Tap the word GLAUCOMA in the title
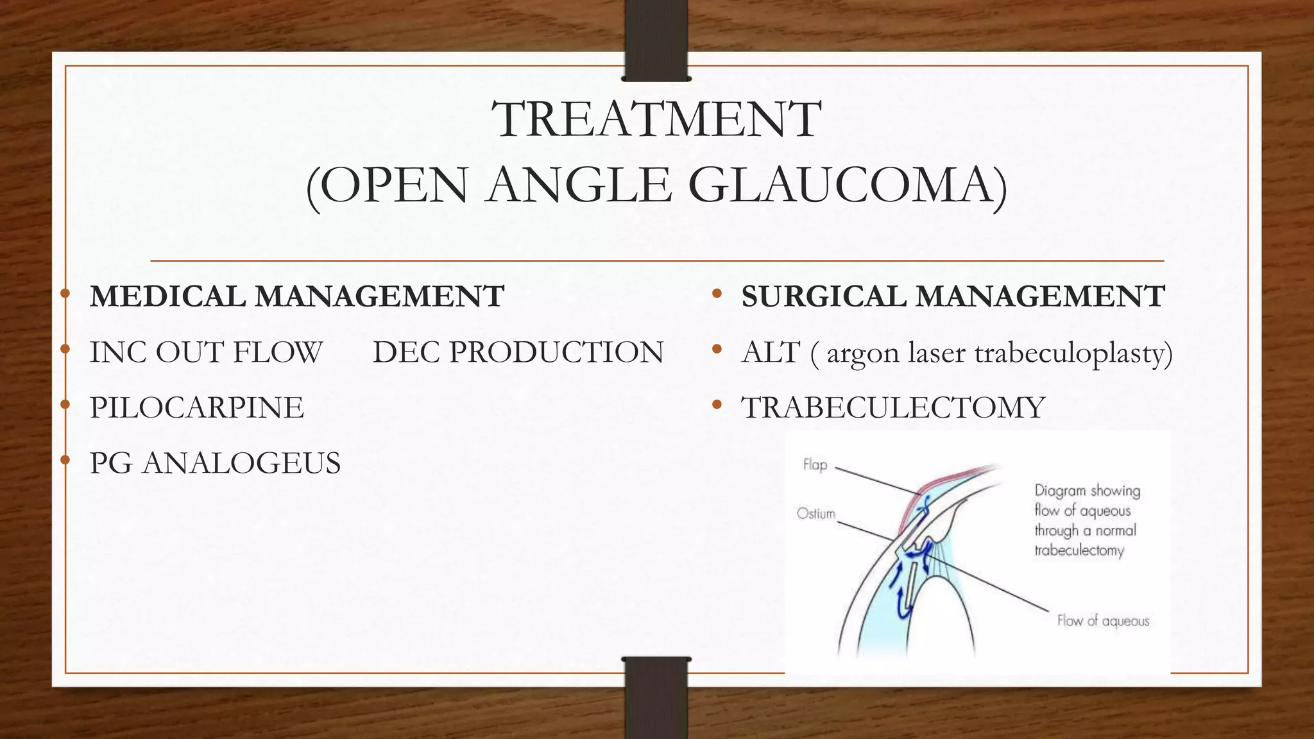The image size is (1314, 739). pos(848,186)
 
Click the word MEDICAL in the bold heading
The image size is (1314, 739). pos(166,296)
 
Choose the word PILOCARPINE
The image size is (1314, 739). pos(196,408)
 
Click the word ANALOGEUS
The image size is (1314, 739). pos(241,463)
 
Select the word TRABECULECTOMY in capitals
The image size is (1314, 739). pos(893,408)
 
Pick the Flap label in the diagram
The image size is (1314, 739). pos(815,464)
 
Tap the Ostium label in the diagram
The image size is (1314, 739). pos(815,514)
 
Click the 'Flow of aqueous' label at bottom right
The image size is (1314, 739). pos(1103,621)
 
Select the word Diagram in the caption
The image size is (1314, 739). pos(1059,491)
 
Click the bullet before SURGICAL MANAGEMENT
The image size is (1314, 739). pos(717,295)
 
